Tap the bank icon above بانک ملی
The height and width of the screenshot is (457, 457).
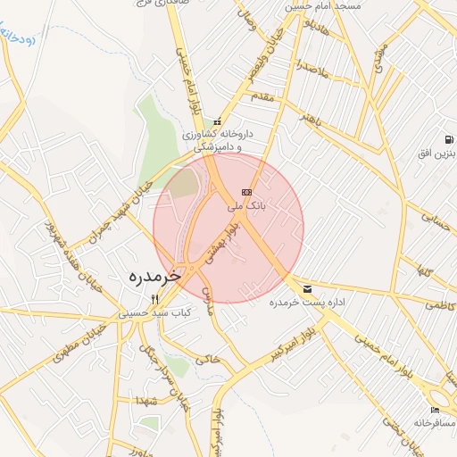[x=246, y=192]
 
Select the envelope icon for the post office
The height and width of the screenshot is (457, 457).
[x=308, y=288]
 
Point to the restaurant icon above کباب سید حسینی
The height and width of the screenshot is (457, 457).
[x=154, y=300]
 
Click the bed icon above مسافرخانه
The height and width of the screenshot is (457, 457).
[x=435, y=409]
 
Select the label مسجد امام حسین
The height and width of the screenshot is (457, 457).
[x=323, y=7]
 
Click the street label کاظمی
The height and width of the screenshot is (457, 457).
[x=437, y=304]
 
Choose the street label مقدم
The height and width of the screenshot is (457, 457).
[x=266, y=96]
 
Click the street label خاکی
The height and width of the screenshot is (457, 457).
[x=207, y=359]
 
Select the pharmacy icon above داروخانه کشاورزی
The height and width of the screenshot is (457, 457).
[x=217, y=122]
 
